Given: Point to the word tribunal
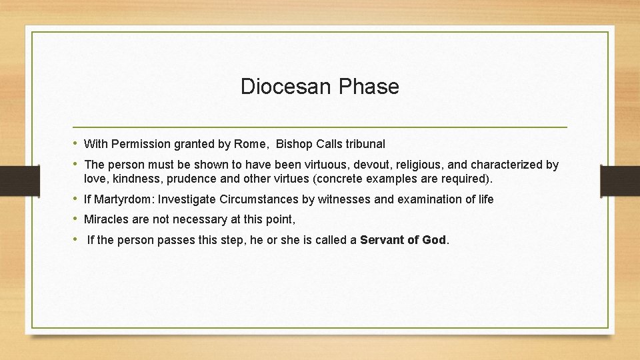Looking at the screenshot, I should tap(365, 144).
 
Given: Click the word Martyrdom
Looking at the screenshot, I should tap(123, 199).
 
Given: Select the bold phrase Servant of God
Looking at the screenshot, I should tap(403, 240).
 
